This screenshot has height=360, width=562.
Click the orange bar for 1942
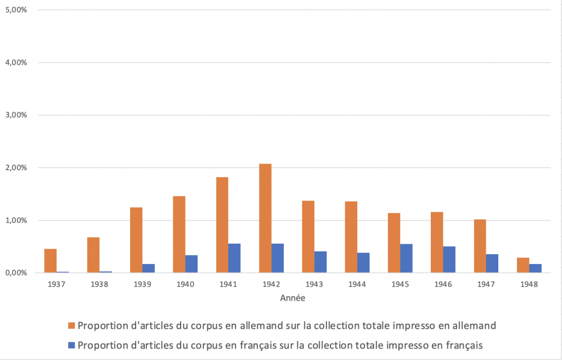pos(265,218)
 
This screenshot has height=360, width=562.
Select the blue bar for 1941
pos(234,258)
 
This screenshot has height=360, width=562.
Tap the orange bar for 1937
pos(50,261)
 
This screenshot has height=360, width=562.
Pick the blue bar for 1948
pos(535,268)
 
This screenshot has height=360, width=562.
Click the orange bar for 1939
pos(136,240)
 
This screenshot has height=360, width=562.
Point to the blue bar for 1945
pos(406,258)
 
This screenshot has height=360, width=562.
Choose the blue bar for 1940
pos(192,264)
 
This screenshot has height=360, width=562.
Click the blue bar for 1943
pos(321,262)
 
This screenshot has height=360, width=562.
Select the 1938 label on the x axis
pos(99,285)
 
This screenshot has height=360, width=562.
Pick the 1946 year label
pos(443,285)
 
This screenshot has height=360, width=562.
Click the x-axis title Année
pos(292,299)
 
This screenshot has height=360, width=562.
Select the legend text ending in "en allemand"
pos(287,325)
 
